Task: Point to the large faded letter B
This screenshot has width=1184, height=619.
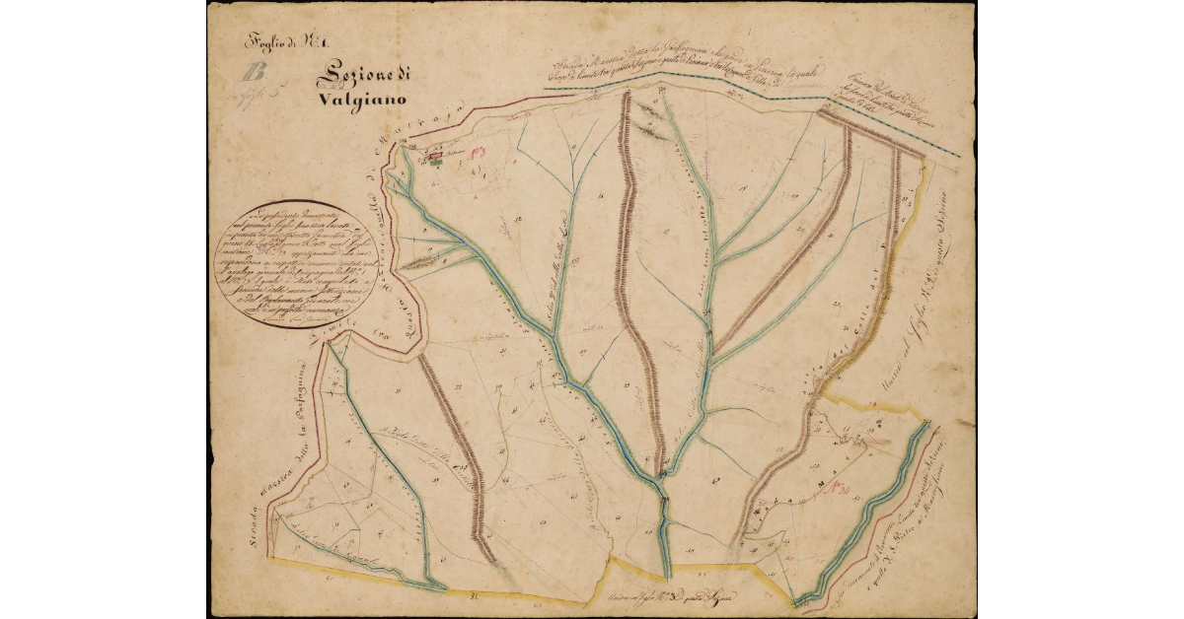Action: coord(258,72)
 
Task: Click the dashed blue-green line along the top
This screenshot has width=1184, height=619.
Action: coord(750,99)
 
